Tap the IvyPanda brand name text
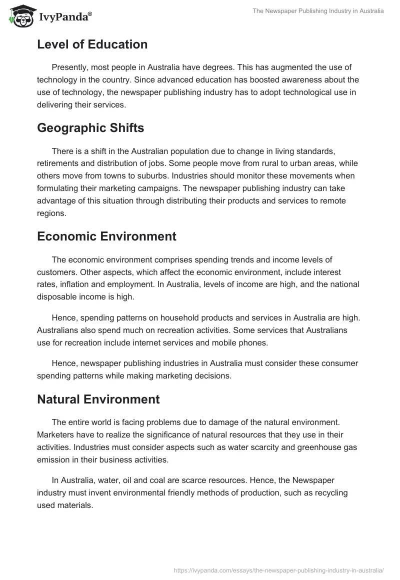pyautogui.click(x=65, y=17)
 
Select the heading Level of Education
pyautogui.click(x=92, y=44)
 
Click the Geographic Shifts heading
pyautogui.click(x=90, y=128)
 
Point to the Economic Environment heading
pyautogui.click(x=106, y=236)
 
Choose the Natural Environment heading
pyautogui.click(x=98, y=399)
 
